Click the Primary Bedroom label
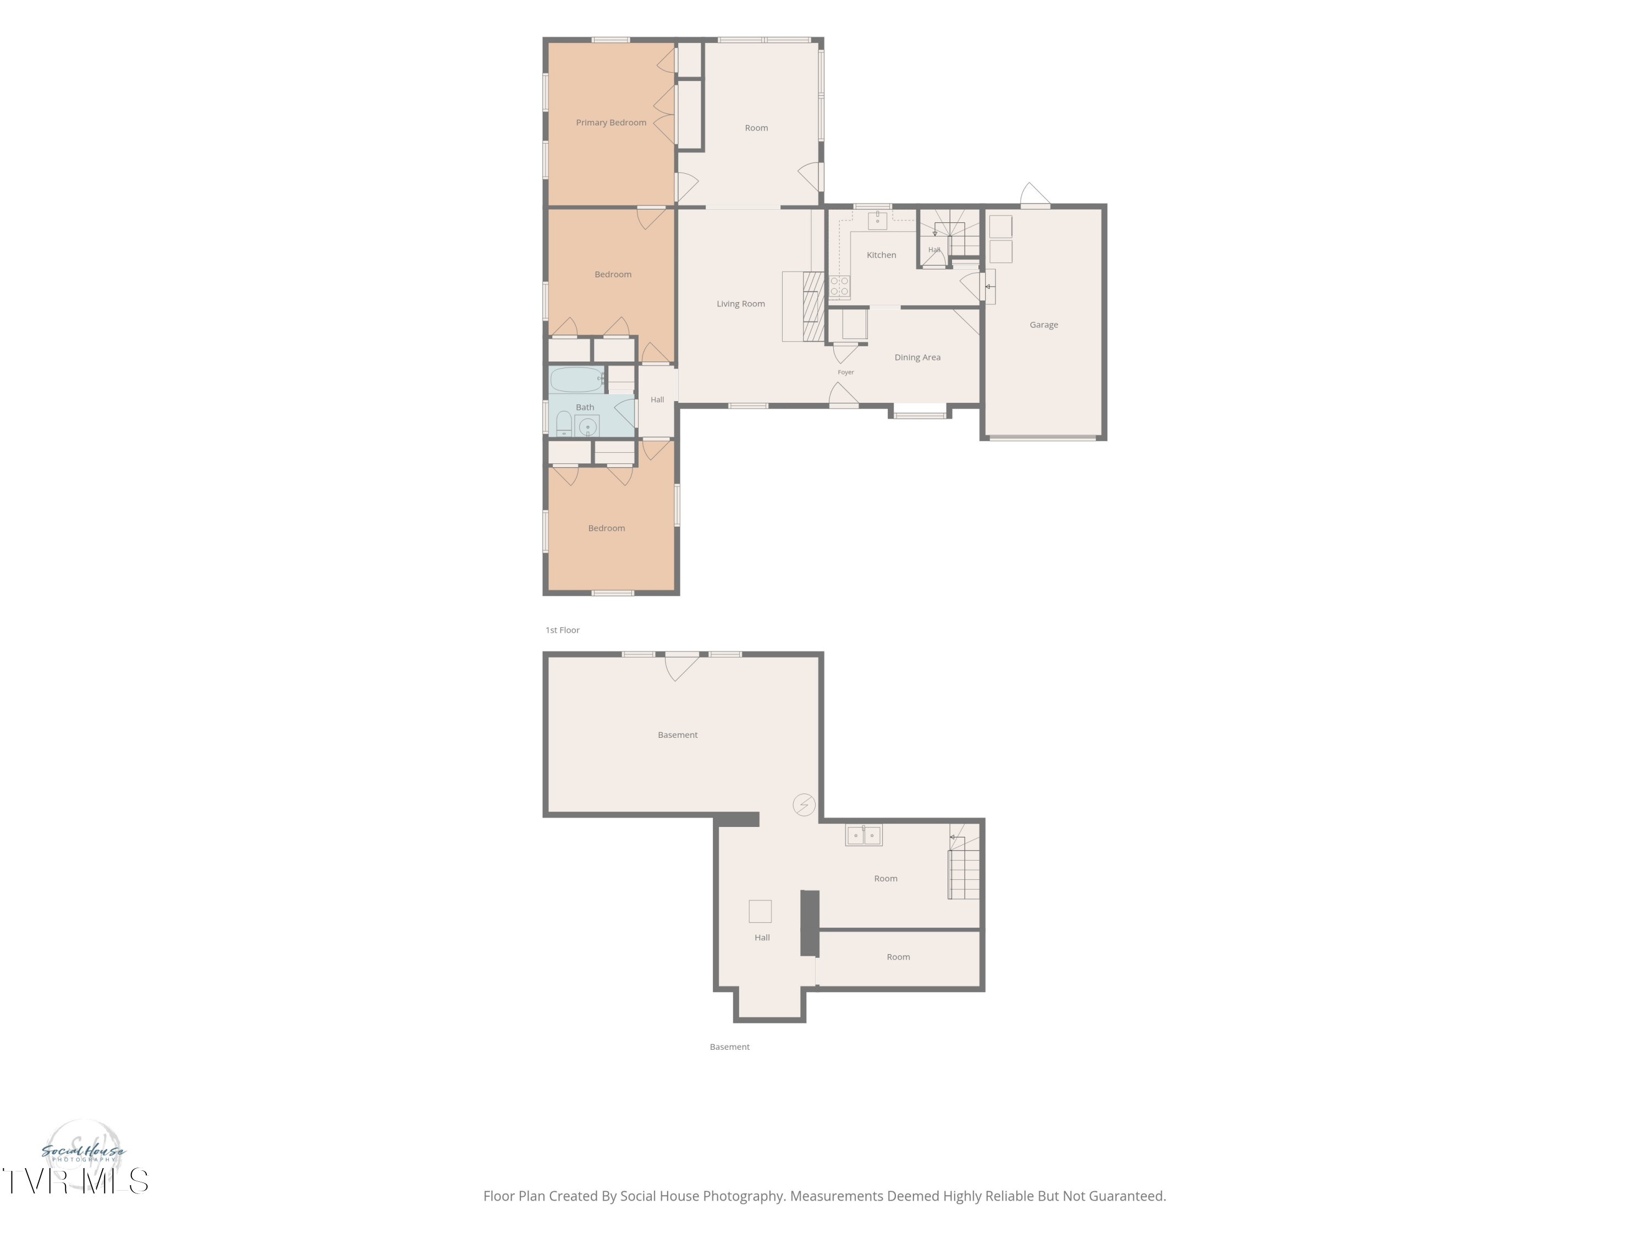point(611,122)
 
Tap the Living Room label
point(741,304)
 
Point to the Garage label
point(1043,325)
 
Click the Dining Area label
point(917,358)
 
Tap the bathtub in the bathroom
point(576,380)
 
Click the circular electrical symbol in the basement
point(804,804)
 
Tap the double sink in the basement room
point(864,835)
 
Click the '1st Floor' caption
point(563,631)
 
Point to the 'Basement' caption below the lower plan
point(729,1047)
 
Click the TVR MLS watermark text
point(75,1181)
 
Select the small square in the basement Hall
point(760,911)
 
